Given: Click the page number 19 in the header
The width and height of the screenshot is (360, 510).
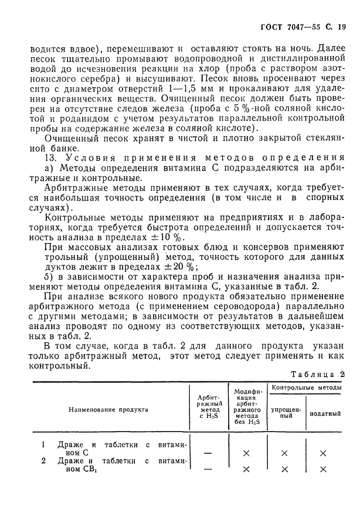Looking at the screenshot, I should click(x=342, y=26).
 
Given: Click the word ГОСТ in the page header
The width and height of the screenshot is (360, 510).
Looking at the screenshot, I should click(x=271, y=26).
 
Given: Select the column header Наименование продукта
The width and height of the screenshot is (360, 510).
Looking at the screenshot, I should click(x=108, y=409).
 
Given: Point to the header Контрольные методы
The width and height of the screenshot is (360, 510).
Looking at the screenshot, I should click(x=307, y=388).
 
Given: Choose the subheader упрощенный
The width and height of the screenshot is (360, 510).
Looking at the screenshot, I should click(x=284, y=412).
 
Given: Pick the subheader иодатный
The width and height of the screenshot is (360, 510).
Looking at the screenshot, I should click(x=325, y=414).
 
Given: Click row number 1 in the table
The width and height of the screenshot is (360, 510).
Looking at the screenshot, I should click(x=44, y=444).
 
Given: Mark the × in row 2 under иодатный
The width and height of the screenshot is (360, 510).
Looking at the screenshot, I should click(x=323, y=469).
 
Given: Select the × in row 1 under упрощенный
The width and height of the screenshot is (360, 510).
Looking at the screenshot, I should click(x=284, y=453).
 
